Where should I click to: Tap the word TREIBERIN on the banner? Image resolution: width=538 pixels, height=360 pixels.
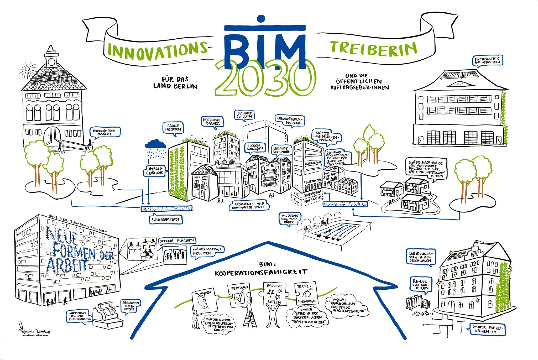tap(373, 49)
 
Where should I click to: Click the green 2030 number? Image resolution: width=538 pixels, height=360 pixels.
tap(265, 79)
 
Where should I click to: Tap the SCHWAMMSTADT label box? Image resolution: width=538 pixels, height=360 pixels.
tap(166, 220)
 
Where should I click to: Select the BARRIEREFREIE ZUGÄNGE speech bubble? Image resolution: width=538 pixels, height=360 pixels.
tap(105, 132)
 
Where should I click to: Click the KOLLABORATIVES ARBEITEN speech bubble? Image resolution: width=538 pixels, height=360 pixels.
tap(207, 251)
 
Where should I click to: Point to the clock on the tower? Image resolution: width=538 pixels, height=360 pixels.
tap(51, 62)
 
